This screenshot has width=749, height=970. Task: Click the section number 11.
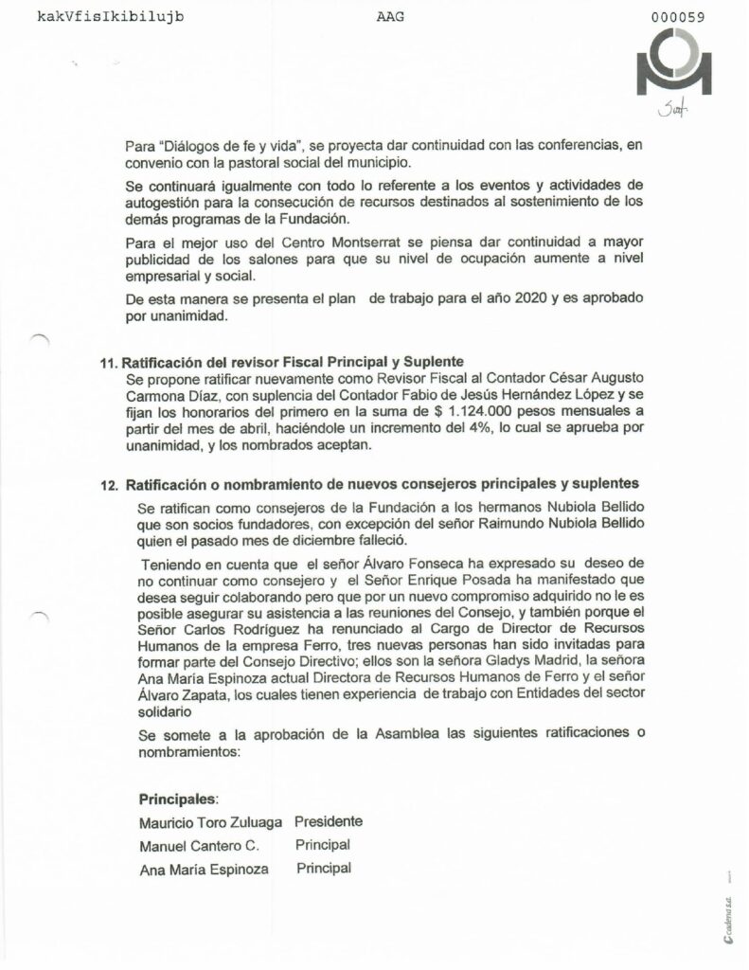pyautogui.click(x=107, y=363)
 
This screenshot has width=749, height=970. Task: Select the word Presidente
pyautogui.click(x=329, y=821)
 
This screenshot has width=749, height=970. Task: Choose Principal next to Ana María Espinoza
pyautogui.click(x=324, y=868)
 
